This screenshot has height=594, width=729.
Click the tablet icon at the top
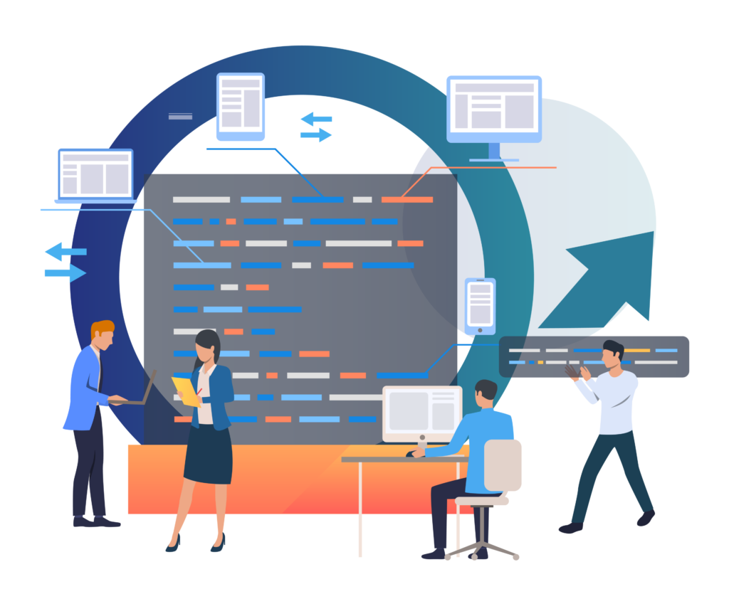tap(240, 103)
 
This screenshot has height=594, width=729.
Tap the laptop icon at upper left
tap(95, 174)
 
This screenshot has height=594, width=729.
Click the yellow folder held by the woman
tap(187, 391)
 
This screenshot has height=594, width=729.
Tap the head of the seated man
tap(486, 393)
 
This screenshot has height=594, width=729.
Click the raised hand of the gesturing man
tap(575, 371)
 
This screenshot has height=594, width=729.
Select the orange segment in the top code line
tap(407, 200)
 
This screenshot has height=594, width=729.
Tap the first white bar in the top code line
tap(201, 200)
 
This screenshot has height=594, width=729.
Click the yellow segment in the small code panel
tap(637, 350)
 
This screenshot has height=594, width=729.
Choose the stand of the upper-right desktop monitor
tap(494, 152)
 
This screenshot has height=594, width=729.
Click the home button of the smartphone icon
tap(480, 330)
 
